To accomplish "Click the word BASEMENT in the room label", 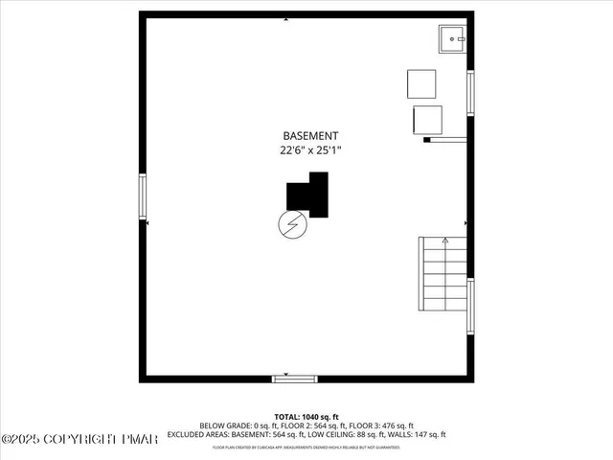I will tap(310, 136).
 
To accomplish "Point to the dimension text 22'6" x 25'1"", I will tap(310, 150).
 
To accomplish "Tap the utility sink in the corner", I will tap(451, 39).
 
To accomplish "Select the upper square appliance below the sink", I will tap(421, 83).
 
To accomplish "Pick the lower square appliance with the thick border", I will tap(427, 119).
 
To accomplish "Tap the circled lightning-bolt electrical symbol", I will tap(291, 225).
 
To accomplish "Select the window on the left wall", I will tap(143, 196).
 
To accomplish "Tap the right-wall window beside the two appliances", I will tap(469, 93).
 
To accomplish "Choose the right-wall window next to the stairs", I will tap(469, 306).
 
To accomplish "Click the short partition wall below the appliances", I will tap(444, 140).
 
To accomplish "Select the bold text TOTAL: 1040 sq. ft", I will tap(309, 417).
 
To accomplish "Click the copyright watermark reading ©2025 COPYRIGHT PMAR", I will tap(72, 439).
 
